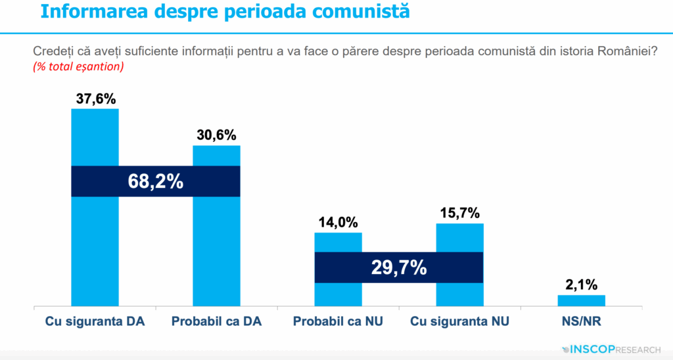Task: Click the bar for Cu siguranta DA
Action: (95, 250)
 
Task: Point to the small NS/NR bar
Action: (581, 301)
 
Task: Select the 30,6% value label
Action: (216, 135)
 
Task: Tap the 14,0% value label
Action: (338, 223)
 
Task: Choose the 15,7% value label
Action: (460, 214)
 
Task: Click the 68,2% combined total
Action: (155, 181)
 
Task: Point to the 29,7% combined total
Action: (399, 267)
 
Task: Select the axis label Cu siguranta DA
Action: (95, 322)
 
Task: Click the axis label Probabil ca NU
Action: (338, 322)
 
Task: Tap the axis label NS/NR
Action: (581, 322)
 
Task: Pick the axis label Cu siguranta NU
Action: (460, 322)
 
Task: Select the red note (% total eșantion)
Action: (78, 66)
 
